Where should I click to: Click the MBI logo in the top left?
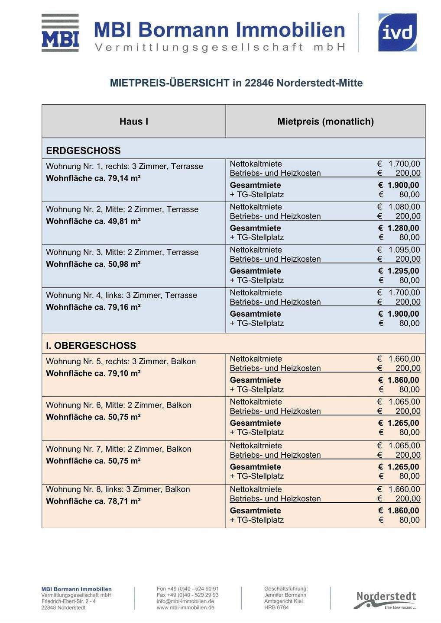(60, 33)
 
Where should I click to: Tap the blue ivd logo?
(397, 32)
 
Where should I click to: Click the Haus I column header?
(134, 122)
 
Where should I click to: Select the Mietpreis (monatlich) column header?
(325, 122)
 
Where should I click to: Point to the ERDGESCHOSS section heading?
(83, 151)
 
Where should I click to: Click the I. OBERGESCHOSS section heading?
(91, 346)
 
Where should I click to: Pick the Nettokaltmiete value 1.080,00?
(404, 207)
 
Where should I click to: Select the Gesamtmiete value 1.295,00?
(403, 271)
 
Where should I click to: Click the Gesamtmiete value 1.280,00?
(403, 228)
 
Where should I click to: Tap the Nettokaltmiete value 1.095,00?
(404, 250)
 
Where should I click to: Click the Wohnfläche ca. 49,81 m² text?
(93, 222)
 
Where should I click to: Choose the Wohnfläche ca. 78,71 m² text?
(93, 501)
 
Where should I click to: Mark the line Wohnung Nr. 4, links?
(121, 295)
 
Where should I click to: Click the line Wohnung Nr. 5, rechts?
(121, 362)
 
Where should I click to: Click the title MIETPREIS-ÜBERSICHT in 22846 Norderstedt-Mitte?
(236, 83)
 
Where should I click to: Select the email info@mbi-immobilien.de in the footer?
(185, 601)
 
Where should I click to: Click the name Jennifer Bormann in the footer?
(285, 595)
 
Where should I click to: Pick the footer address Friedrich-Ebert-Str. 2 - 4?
(69, 601)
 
